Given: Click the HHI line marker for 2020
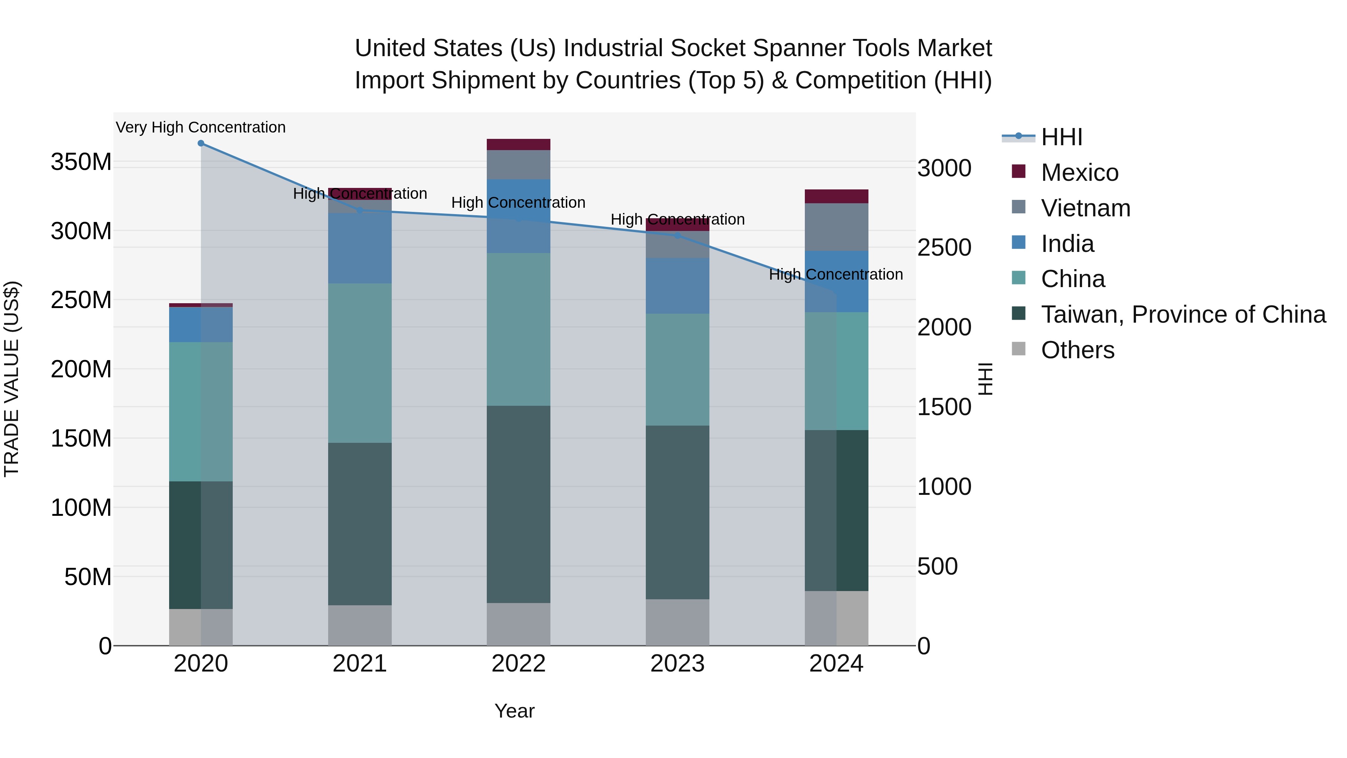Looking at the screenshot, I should tap(201, 143).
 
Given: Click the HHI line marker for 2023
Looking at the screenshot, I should tap(677, 235).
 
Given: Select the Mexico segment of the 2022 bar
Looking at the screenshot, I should tap(518, 144).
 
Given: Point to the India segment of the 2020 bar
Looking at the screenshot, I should tap(201, 324).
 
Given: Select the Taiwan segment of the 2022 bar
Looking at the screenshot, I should tap(518, 504).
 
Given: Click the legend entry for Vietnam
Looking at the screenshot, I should tap(1085, 208).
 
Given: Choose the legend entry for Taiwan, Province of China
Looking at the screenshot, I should tap(1183, 314).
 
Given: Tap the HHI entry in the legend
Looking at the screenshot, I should tap(1062, 137).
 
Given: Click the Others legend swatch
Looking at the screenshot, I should tap(1018, 349).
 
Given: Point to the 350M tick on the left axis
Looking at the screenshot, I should tap(81, 162).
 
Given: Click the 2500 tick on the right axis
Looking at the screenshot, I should tap(944, 248).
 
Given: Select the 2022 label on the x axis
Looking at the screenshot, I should tap(518, 664).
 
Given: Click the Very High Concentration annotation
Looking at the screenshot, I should tap(201, 127).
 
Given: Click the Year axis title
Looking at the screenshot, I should tap(514, 711).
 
